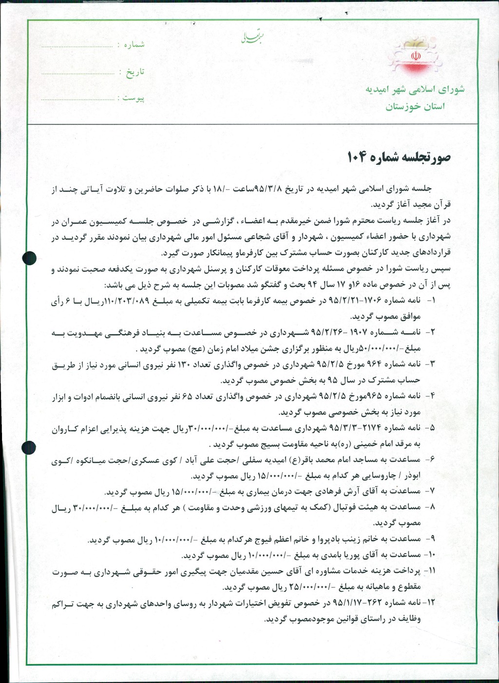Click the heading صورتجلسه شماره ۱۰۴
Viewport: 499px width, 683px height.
pos(399,157)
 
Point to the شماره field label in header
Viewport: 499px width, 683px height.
pos(134,44)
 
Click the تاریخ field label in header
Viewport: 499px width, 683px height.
pos(135,72)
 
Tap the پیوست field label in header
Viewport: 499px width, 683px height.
pos(133,98)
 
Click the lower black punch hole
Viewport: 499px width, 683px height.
pos(29,447)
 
